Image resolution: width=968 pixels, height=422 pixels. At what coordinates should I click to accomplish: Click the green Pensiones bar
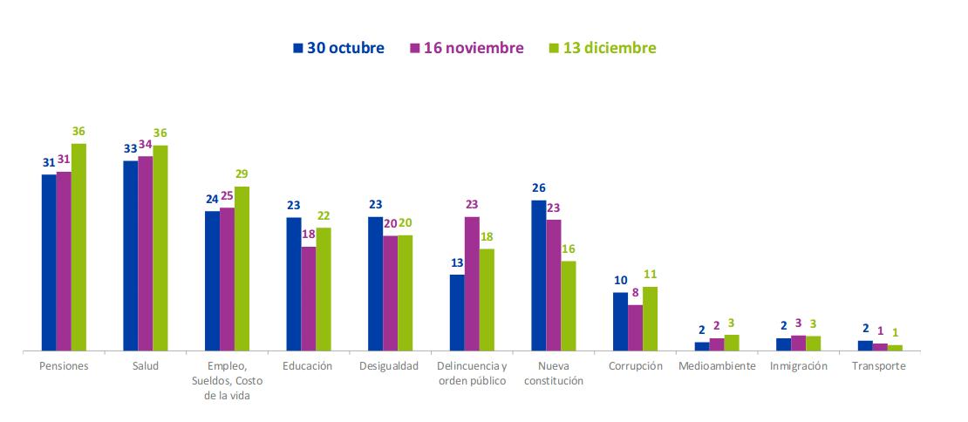[78, 247]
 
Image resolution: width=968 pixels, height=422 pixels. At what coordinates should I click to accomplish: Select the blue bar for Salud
[130, 255]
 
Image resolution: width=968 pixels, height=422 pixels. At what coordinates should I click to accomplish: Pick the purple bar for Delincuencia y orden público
[472, 283]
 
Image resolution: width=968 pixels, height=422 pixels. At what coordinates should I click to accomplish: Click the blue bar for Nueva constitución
[539, 276]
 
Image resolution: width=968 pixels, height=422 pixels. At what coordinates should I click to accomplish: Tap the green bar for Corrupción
[650, 318]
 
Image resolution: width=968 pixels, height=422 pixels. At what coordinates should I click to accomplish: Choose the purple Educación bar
[309, 298]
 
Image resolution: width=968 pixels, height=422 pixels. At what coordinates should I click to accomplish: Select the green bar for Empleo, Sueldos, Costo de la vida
[242, 269]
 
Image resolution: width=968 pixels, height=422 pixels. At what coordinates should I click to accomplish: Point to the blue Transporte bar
[865, 345]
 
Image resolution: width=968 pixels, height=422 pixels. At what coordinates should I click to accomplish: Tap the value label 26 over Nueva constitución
[539, 188]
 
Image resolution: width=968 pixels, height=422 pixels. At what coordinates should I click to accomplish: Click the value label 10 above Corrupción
[620, 281]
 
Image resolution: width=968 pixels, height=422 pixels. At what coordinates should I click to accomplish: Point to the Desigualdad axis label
[389, 366]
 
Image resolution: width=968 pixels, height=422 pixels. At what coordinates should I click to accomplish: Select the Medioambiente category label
[717, 366]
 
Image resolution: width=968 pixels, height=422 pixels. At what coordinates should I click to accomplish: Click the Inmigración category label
[799, 366]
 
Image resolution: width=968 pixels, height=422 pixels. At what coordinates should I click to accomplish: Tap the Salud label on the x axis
[145, 366]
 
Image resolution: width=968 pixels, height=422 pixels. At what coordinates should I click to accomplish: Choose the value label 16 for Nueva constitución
[569, 249]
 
